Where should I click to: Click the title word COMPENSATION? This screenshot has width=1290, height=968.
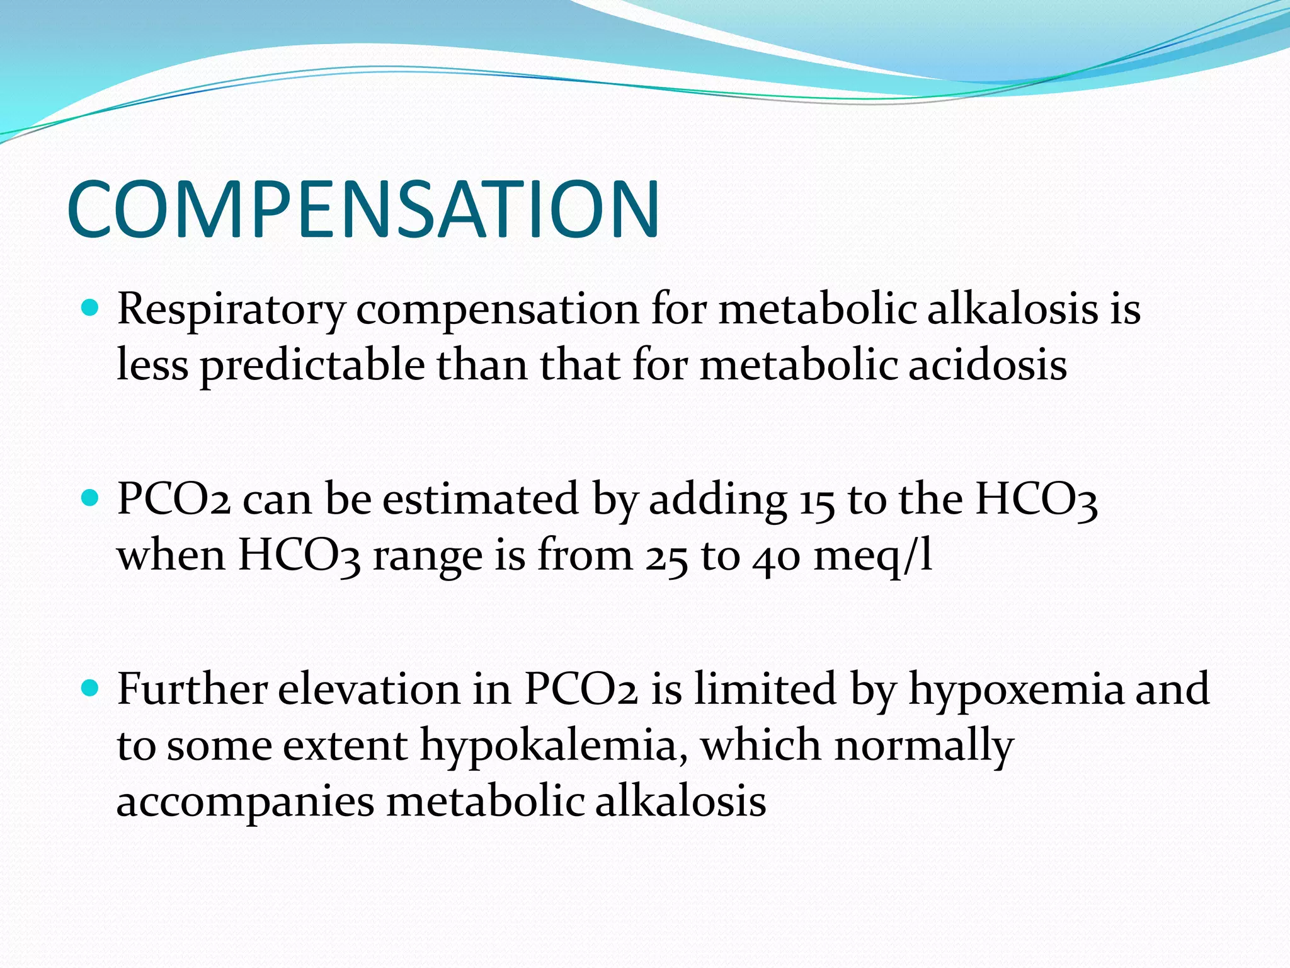pos(363,210)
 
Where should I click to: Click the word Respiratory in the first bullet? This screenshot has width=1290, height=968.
pos(231,310)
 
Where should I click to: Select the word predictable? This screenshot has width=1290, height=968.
pos(312,366)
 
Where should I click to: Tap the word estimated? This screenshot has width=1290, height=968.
pos(481,500)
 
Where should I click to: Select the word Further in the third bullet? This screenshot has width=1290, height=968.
pos(192,689)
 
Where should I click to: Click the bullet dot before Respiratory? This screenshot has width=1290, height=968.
pos(91,308)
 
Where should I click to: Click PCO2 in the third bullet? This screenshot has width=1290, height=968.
pos(581,689)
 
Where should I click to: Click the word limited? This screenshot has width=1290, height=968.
pos(765,689)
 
